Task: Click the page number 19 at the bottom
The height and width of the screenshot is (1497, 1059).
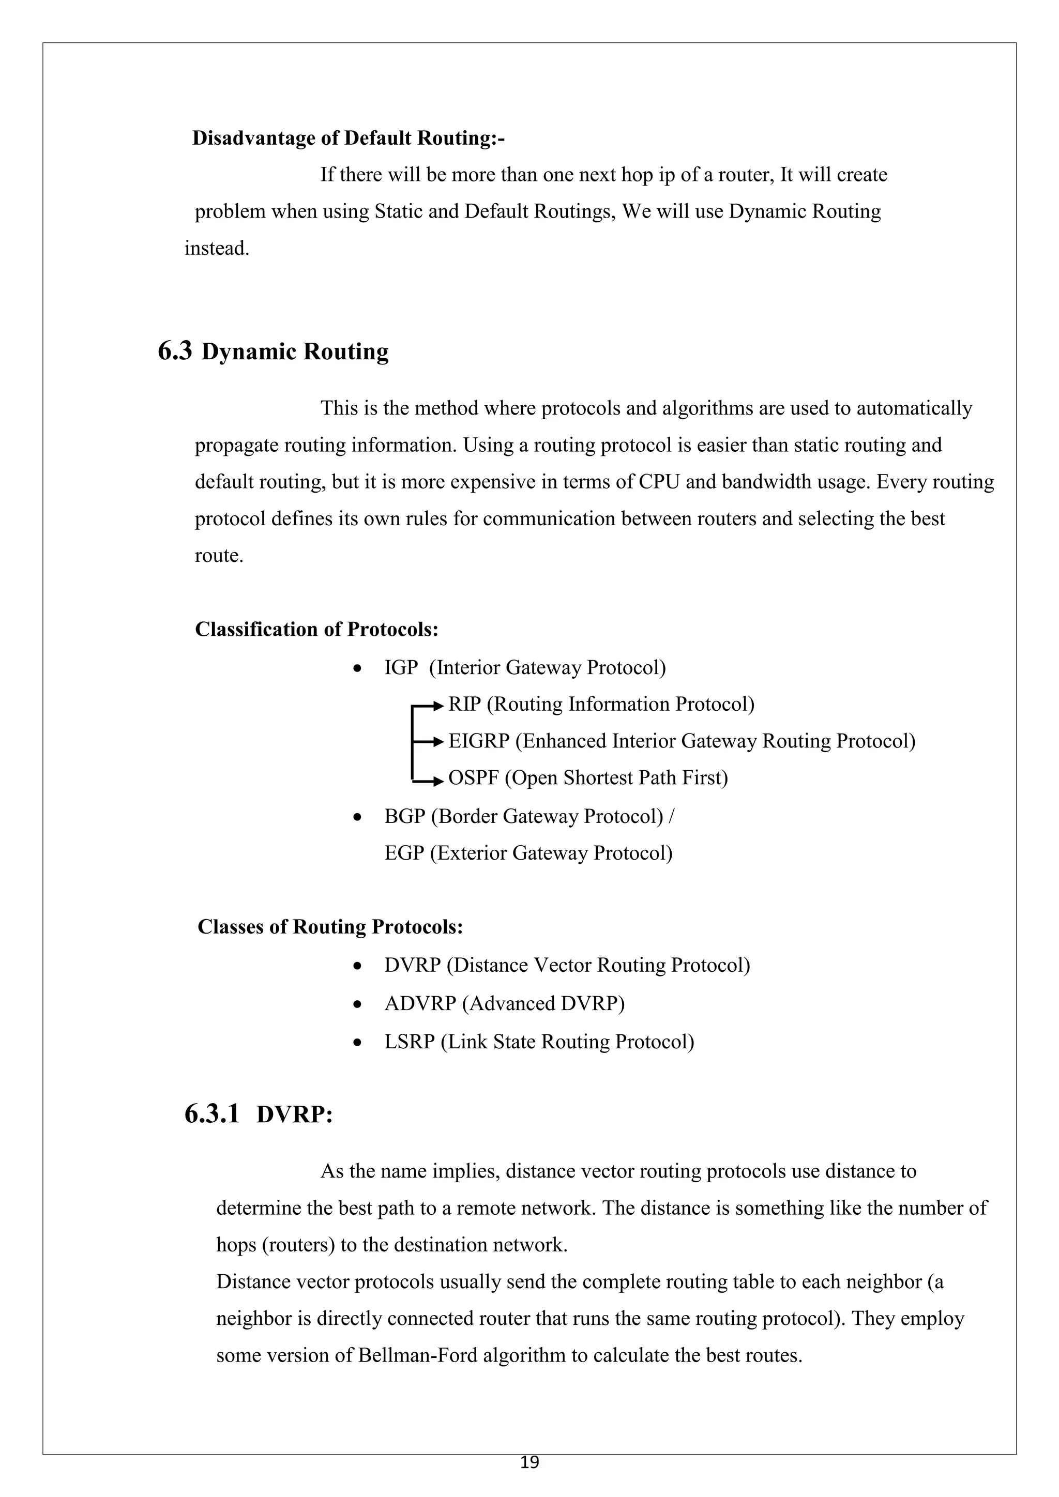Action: click(x=529, y=1462)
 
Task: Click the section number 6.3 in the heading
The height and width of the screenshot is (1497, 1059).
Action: click(x=175, y=352)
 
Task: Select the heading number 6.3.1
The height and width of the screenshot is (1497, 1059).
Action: click(x=212, y=1114)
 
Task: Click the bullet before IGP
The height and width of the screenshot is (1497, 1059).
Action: click(x=357, y=669)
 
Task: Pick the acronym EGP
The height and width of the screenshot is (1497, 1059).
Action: click(x=404, y=853)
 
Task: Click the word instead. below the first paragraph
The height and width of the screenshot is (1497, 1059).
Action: click(x=217, y=249)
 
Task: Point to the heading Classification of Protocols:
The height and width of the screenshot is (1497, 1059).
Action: click(x=316, y=629)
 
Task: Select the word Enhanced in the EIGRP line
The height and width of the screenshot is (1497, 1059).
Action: click(x=565, y=741)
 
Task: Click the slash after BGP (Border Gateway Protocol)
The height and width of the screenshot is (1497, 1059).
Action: click(x=672, y=816)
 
